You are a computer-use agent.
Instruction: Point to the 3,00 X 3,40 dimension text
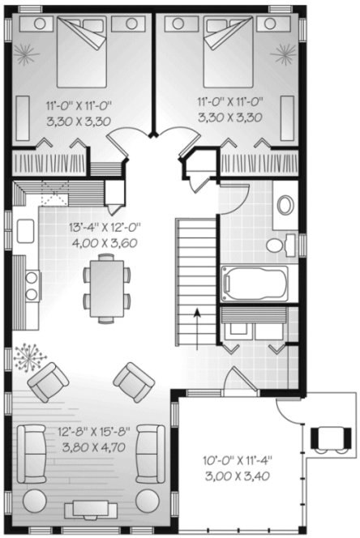coord(237,476)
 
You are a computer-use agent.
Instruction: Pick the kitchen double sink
coord(33,285)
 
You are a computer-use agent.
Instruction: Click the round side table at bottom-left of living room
coord(36,498)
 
